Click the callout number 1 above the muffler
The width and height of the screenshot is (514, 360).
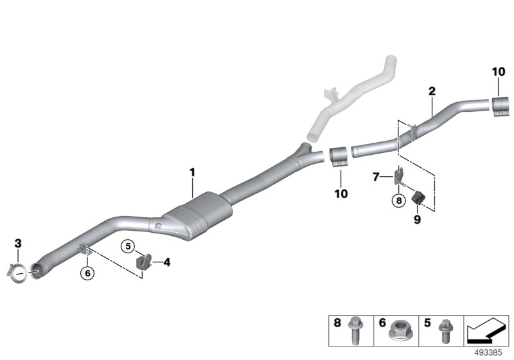[191, 172]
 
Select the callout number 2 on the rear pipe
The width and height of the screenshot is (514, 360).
[432, 92]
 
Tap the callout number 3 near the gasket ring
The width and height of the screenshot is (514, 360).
[18, 243]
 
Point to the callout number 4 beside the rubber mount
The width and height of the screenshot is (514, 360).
[166, 262]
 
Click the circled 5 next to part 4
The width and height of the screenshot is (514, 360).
[128, 246]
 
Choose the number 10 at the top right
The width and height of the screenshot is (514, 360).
[500, 73]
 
